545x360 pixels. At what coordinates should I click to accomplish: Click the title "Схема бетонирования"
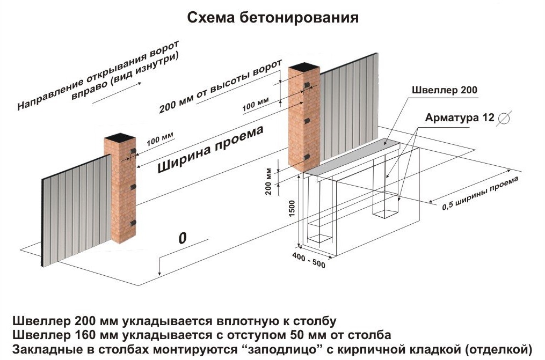coord(273,17)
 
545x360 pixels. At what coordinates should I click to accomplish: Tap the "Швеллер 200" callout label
coord(445,90)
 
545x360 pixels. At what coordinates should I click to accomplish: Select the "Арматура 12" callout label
coord(460,117)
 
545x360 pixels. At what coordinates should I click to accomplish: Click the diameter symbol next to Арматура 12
coord(504,118)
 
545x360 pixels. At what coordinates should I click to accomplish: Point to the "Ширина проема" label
coord(210,149)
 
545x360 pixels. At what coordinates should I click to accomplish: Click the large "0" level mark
coord(182,238)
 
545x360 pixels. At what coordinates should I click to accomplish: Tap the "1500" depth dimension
coord(292,208)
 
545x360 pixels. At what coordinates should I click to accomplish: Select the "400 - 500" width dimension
coord(309,260)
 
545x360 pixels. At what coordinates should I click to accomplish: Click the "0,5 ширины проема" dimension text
coord(481,193)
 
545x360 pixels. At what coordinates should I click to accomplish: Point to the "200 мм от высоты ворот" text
coord(220,87)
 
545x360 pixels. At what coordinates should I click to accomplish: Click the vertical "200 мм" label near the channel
coord(268,181)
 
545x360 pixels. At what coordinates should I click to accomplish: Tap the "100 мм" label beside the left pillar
coord(159,138)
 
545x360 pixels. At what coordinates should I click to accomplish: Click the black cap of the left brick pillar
coord(120,136)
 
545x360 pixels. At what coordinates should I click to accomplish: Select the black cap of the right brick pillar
coord(304,67)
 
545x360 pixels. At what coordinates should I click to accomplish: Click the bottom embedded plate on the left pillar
coord(133,223)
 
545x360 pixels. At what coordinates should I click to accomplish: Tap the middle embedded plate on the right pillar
coord(307,121)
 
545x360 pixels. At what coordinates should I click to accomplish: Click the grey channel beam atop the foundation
coord(352,158)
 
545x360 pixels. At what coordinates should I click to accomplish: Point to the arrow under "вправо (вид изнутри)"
coord(117,93)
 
